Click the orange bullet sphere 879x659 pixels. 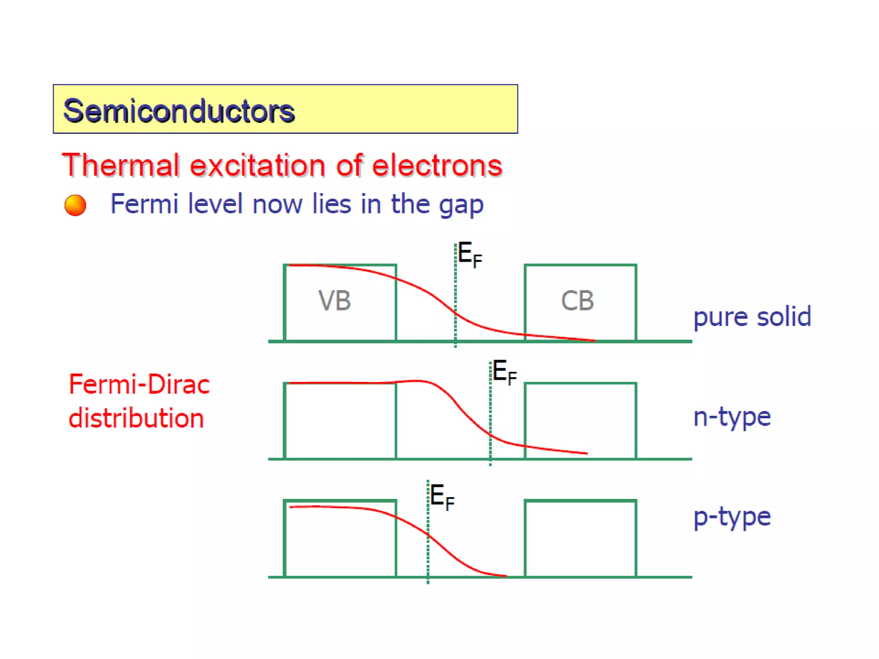point(75,205)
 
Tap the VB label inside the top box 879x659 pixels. point(334,300)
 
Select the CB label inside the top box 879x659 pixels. point(577,300)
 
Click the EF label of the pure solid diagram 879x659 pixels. point(470,254)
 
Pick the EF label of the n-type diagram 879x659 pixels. point(504,372)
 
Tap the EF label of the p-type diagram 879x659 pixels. point(442,497)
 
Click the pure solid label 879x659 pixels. point(752,317)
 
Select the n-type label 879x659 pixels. point(732,417)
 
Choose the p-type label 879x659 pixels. point(732,517)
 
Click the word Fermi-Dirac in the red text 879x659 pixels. point(139,384)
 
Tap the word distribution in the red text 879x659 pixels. point(136,418)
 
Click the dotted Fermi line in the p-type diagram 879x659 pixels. point(428,558)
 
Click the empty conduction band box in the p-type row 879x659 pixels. point(580,538)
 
